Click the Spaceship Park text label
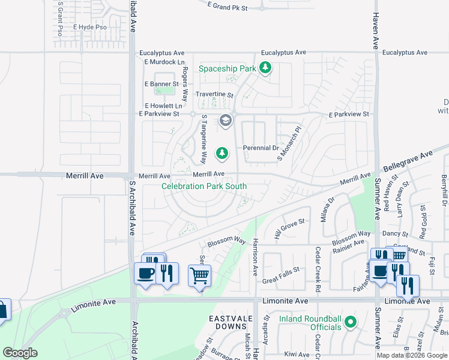click(228, 69)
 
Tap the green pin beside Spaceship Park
click(266, 69)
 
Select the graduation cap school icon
click(225, 121)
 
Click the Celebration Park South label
click(204, 187)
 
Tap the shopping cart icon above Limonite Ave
click(200, 276)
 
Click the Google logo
click(20, 353)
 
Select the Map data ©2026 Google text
click(412, 355)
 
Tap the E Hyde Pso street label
click(90, 28)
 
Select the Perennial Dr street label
click(261, 148)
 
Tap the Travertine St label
click(214, 95)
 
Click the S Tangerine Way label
click(204, 139)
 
